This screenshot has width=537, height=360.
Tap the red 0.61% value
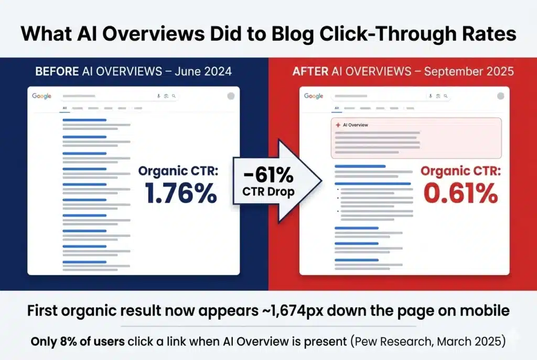point(459,193)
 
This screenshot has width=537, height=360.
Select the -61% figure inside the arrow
point(268,171)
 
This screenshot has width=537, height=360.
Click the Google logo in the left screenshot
point(41,96)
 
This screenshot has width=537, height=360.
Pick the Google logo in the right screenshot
point(314,96)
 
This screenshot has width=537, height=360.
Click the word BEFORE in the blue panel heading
point(56,71)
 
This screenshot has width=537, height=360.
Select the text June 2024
point(208,71)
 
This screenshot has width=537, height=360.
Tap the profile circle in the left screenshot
point(231,96)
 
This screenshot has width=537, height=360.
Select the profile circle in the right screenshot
point(500,96)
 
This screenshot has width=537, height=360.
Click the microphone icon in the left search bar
point(158,96)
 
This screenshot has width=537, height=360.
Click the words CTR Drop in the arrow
point(268,191)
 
